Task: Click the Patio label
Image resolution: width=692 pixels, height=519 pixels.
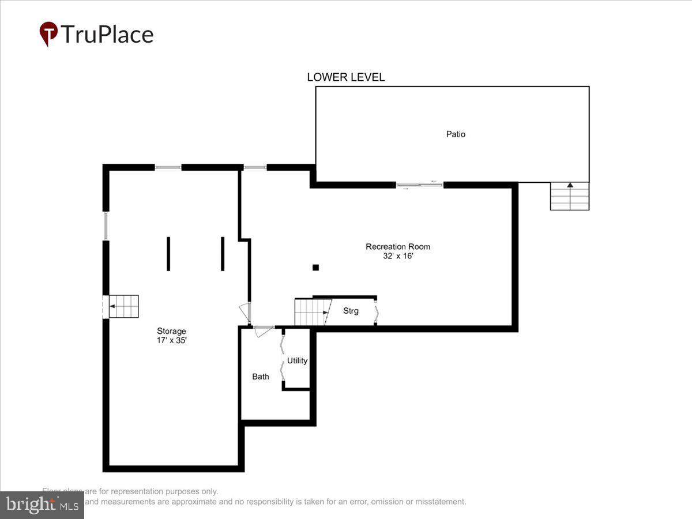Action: [456, 134]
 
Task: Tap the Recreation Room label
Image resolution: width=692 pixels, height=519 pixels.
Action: [398, 247]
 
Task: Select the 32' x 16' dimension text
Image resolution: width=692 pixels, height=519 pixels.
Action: [398, 257]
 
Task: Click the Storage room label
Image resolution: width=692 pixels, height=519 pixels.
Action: [171, 331]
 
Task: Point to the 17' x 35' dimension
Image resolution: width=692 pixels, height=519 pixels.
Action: [171, 341]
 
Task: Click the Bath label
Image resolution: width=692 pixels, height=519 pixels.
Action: [261, 377]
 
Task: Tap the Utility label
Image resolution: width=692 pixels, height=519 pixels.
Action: [298, 361]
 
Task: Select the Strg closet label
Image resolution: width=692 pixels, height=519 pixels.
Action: [351, 311]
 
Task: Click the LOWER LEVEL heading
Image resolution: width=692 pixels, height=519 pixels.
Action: [345, 77]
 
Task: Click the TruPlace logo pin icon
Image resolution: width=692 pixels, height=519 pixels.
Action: [48, 33]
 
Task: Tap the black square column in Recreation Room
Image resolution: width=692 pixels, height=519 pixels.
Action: [315, 267]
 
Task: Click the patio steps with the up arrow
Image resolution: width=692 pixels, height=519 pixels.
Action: [569, 196]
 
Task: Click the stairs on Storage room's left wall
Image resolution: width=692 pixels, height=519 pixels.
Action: [123, 306]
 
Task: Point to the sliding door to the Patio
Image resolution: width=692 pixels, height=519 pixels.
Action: [420, 185]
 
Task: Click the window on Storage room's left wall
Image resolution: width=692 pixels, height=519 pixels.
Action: [106, 225]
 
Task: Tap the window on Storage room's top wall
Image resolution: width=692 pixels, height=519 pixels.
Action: [168, 167]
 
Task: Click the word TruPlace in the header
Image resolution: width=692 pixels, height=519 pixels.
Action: [107, 35]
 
